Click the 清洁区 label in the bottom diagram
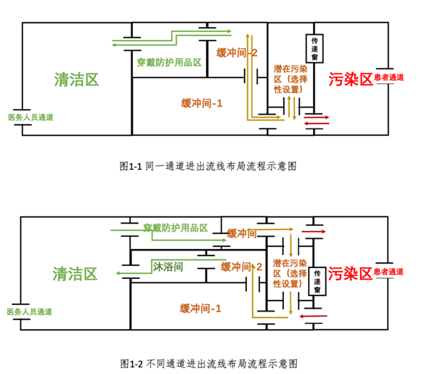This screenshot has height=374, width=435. coord(75,274)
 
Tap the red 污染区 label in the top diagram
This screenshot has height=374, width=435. coord(351,79)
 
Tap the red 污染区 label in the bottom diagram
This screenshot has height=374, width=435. coord(351,274)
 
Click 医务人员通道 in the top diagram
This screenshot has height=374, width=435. coord(30,116)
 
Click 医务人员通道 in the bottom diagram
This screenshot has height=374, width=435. coord(30,311)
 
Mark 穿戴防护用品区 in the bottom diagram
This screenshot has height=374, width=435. coord(176,228)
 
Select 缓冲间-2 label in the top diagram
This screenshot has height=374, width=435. coord(237,52)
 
